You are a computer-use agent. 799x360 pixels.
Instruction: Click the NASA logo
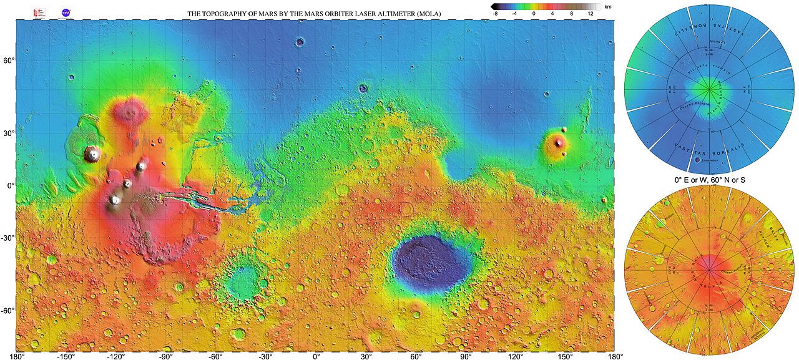[66, 12]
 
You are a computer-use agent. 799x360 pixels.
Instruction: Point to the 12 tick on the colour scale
[590, 13]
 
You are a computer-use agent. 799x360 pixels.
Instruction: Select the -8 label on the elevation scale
[495, 13]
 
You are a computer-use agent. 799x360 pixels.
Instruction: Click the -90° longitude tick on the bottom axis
[165, 356]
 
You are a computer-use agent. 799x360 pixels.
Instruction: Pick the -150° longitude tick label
[66, 356]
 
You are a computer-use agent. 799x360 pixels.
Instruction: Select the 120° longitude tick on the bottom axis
[516, 356]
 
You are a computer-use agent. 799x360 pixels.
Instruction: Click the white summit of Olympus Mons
[93, 153]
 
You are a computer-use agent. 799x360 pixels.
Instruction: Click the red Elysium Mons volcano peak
[558, 143]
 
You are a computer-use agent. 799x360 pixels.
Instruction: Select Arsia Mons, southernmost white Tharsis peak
[115, 200]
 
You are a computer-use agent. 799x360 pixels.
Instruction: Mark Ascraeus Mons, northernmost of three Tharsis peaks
[142, 166]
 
